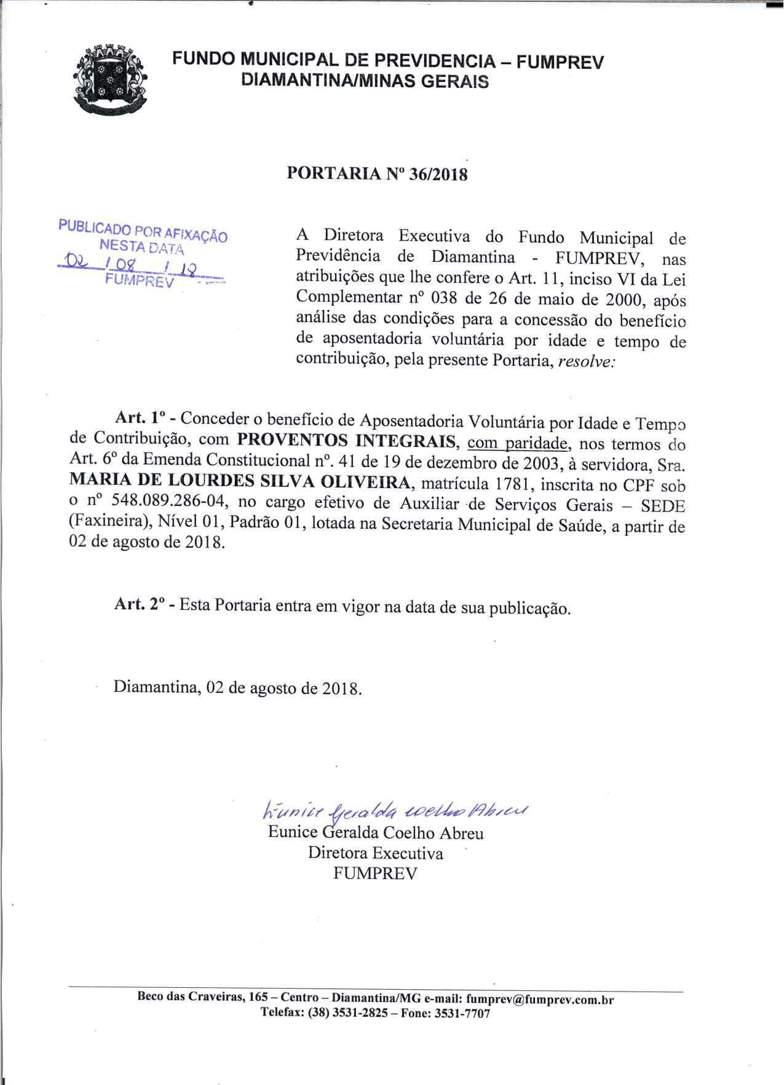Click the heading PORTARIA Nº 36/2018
pos(378,174)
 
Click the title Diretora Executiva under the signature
pos(375,853)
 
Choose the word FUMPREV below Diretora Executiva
pos(375,874)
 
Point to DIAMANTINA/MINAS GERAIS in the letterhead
pos(365,81)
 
